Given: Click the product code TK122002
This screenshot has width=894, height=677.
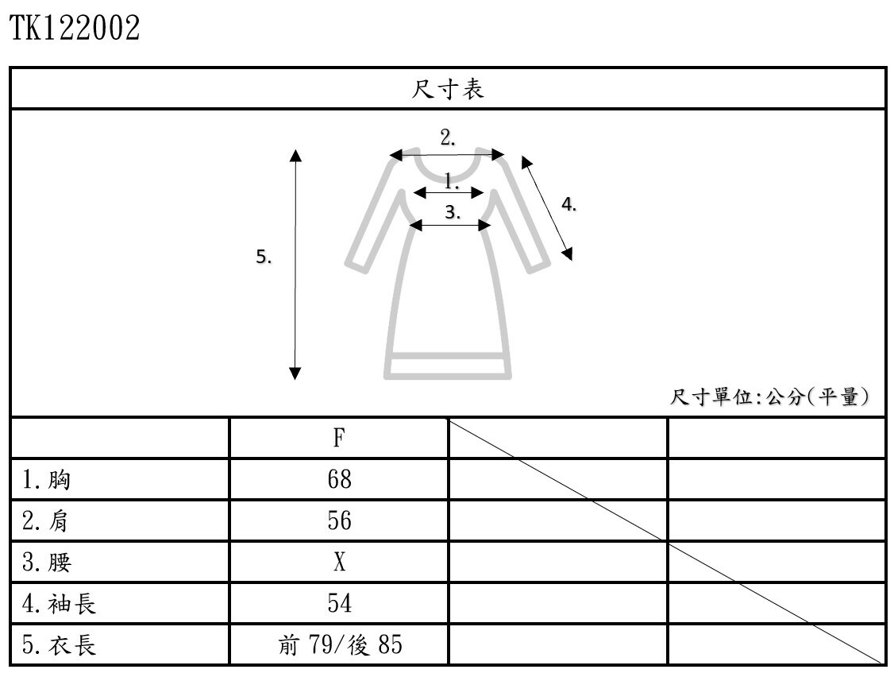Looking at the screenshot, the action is point(75,29).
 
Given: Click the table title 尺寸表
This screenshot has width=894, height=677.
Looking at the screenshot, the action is point(447,89).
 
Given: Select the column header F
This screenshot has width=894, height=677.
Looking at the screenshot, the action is point(339,438).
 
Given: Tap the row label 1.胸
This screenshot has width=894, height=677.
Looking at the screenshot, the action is point(47,479).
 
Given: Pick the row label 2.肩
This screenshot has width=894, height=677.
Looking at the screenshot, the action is point(47,521).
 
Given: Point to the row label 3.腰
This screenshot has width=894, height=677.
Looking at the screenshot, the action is point(47,563).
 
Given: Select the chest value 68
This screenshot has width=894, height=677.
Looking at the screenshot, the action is point(339,479).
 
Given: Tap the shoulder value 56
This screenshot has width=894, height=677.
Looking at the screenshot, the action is point(339,521).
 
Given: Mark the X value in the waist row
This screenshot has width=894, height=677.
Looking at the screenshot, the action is point(339,563).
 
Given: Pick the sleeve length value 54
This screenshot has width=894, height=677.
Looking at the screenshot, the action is point(339,604).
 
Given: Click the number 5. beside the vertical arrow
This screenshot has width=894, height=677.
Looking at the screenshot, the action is point(264,257).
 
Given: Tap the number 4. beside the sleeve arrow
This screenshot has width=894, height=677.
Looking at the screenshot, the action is point(568,205).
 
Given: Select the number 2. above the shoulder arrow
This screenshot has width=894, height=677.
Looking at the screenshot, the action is point(448,137).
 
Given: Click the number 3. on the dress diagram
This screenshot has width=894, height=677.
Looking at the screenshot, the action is point(453,212).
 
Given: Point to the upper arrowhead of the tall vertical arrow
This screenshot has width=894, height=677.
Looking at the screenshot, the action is point(295,155).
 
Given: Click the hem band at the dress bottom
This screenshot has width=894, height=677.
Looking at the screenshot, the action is point(447,366).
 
